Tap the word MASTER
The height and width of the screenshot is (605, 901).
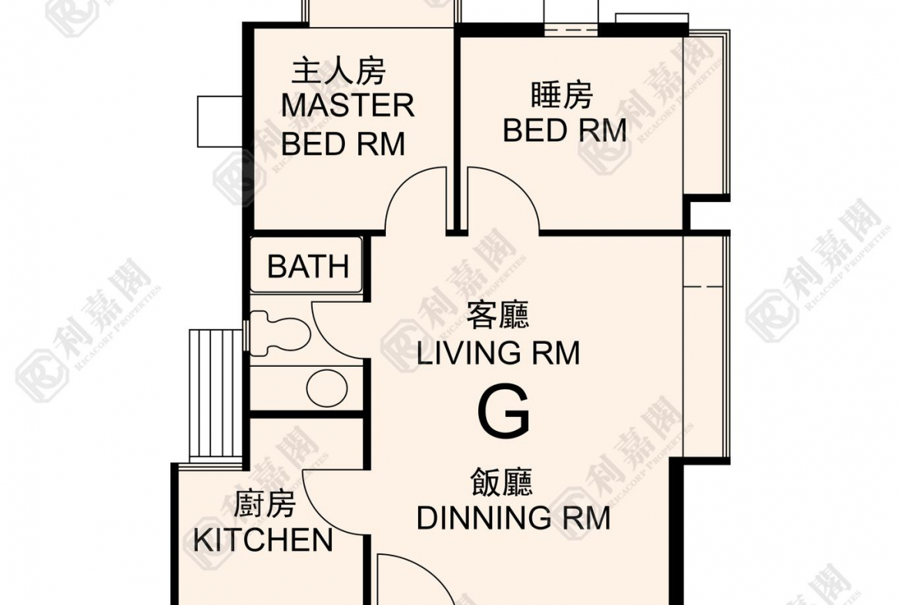tap(347, 106)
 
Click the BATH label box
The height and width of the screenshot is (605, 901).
tap(306, 267)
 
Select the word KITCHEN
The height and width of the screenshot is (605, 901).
tap(263, 540)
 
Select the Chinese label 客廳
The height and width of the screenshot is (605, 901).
tap(497, 316)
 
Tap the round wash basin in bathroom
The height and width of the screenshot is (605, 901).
tap(322, 385)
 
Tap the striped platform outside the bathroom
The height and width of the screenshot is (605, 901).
tap(216, 394)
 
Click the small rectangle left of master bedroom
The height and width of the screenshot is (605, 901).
tap(219, 121)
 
